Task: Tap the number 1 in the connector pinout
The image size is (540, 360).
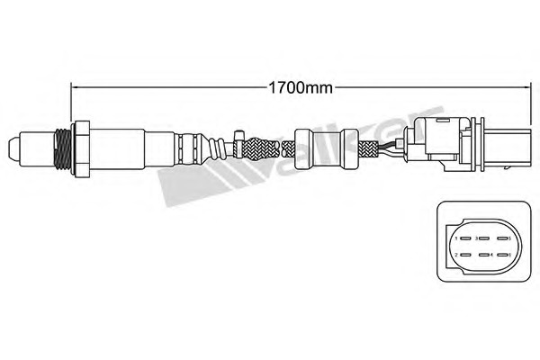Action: click(455, 239)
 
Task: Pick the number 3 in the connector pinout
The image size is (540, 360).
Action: click(477, 239)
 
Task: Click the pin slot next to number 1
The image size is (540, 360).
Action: click(464, 239)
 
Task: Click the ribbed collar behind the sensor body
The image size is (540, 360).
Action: click(190, 145)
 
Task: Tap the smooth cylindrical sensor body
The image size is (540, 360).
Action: click(117, 145)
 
